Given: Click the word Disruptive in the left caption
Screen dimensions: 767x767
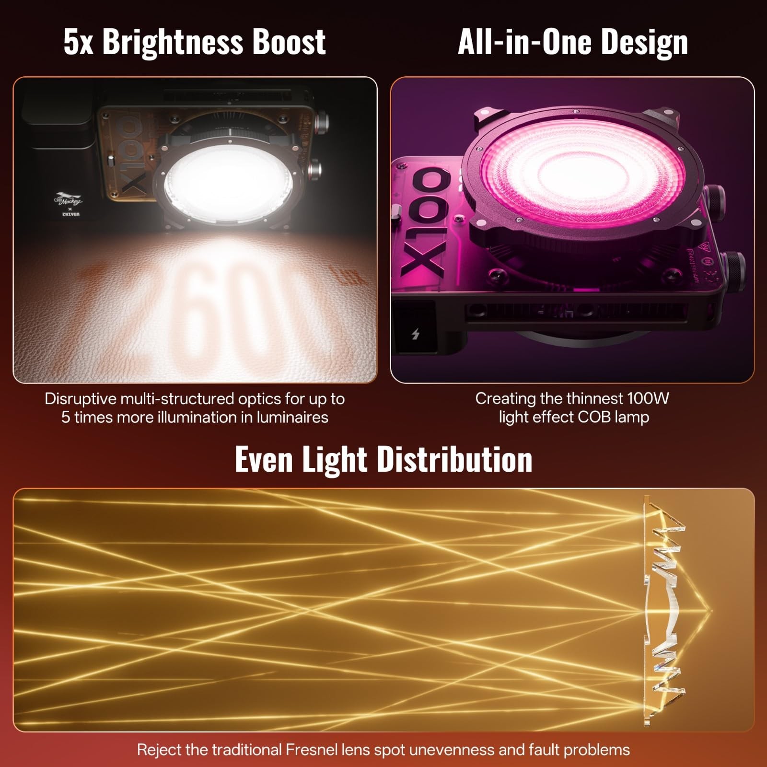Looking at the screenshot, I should point(81,399).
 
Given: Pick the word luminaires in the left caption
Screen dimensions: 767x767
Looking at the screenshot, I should point(292,417).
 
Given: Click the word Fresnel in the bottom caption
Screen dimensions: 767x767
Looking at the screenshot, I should point(314,749).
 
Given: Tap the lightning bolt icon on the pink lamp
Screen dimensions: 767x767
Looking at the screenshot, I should point(415,334).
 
